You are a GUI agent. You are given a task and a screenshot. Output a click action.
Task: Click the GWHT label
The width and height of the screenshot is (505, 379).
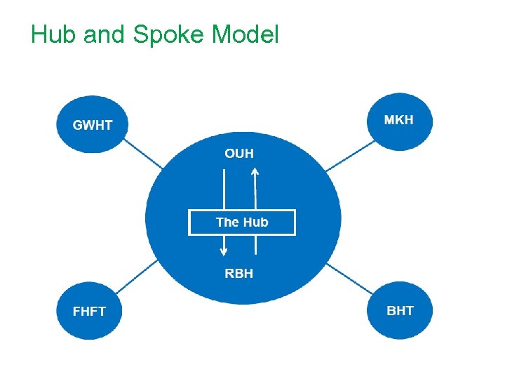[x=93, y=126]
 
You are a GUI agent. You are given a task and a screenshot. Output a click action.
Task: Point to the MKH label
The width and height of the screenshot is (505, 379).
[x=399, y=119]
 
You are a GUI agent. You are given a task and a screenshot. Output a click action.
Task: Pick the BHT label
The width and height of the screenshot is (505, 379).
[x=400, y=310]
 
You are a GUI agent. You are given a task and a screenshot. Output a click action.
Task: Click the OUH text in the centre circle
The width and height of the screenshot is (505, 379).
[x=239, y=153]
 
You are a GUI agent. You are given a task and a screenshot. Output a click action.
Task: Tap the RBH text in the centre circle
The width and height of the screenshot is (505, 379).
[x=239, y=273]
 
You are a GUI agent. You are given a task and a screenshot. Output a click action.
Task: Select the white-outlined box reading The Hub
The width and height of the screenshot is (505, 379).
[x=242, y=222]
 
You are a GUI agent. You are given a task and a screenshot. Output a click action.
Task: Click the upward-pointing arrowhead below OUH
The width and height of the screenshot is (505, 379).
[x=255, y=171]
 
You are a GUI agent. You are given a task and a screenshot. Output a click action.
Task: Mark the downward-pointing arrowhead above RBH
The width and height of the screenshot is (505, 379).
[x=224, y=250]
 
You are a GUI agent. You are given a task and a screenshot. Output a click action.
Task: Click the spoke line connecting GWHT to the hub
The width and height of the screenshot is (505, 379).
[x=144, y=154]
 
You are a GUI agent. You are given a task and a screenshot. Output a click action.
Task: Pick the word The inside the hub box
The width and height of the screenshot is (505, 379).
[x=227, y=222]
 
